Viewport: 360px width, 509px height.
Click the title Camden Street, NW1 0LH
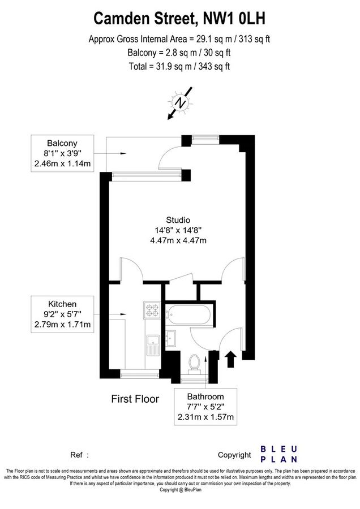pos(179,19)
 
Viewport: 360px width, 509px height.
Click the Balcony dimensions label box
pos(62,153)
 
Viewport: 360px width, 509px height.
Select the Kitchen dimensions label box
pos(62,314)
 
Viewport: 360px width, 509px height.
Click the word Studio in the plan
pos(178,220)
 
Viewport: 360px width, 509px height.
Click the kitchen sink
pos(152,344)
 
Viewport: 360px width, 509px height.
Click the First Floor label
pos(135,399)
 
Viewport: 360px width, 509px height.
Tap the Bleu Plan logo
pos(278,454)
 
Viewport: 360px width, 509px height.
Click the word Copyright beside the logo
pos(234,455)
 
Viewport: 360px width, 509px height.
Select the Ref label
pos(76,455)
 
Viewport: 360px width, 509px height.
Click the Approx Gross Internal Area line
pos(179,39)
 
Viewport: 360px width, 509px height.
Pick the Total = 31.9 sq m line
pos(179,66)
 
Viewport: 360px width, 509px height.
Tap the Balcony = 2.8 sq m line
pos(179,53)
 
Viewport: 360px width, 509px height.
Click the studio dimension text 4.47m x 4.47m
pos(178,240)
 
